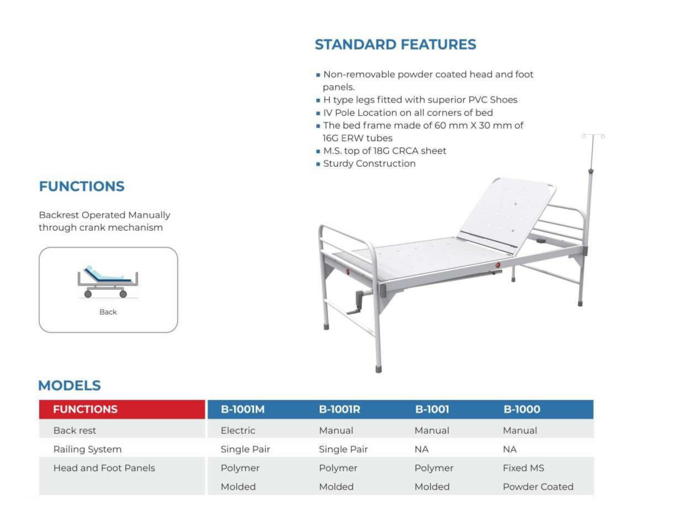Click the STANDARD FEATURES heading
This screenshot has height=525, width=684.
click(x=395, y=44)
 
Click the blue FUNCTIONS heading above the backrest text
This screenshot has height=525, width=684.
click(x=82, y=186)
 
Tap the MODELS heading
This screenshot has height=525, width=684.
click(x=69, y=386)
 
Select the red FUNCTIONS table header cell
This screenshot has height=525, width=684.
click(x=122, y=409)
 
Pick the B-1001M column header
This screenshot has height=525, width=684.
click(x=243, y=409)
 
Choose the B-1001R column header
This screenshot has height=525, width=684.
click(x=340, y=409)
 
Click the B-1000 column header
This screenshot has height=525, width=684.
click(x=522, y=409)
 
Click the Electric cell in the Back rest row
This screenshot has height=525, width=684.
click(x=238, y=430)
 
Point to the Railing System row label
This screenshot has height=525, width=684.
click(x=87, y=449)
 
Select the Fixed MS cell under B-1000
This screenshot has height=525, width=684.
click(x=524, y=468)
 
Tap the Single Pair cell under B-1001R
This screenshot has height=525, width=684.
click(x=343, y=449)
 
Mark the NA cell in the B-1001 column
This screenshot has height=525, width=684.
click(x=422, y=449)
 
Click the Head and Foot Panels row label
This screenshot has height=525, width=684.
click(x=104, y=468)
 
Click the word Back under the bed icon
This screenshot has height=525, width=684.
click(x=108, y=312)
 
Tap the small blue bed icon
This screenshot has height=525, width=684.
click(x=108, y=282)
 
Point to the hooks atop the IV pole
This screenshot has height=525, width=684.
click(x=593, y=136)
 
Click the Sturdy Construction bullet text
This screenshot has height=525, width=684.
click(x=370, y=163)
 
